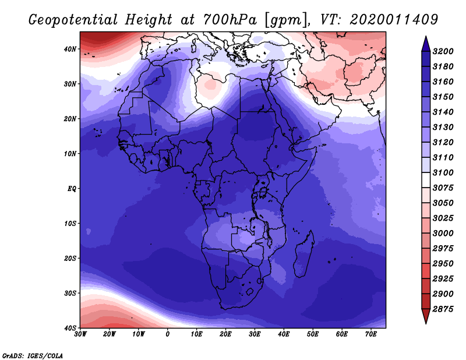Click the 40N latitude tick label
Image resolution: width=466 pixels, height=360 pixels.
pos(70,49)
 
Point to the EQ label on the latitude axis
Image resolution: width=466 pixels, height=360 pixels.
pos(72,189)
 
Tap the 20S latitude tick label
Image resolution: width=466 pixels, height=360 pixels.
pos(70,258)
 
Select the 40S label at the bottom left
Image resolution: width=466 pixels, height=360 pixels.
pos(70,328)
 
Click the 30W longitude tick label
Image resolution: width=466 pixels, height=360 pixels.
pos(80,334)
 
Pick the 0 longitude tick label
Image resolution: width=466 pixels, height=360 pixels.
pos(168,334)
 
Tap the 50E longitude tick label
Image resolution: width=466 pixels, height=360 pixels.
pos(313,334)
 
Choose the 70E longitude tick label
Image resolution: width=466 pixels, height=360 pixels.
pos(371,334)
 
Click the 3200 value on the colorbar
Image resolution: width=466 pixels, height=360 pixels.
pos(443,51)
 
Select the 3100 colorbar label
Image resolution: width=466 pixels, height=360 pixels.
pos(443,172)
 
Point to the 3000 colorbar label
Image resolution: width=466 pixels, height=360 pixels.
pos(443,234)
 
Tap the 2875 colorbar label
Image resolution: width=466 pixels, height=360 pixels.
pos(443,309)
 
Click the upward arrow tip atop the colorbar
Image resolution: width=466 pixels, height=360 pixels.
pos(426,37)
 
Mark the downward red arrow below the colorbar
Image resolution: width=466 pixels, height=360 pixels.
pos(426,316)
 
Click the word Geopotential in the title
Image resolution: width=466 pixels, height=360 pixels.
pos(73,20)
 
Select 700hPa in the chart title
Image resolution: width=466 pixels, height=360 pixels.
pos(230,20)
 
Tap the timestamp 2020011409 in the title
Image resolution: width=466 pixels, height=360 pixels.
pos(394,20)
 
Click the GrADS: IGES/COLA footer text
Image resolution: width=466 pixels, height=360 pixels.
pos(33,355)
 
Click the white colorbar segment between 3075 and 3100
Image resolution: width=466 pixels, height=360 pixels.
pos(426,180)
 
